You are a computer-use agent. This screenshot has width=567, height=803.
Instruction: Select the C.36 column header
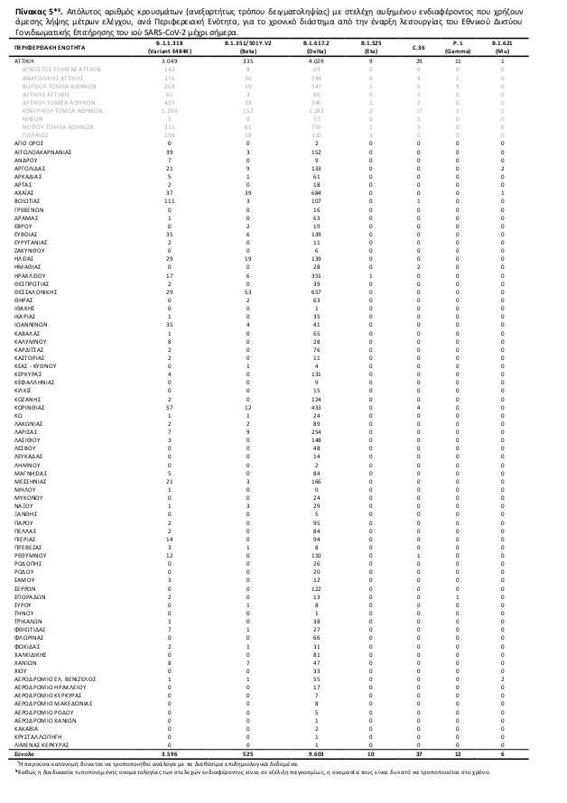pyautogui.click(x=418, y=46)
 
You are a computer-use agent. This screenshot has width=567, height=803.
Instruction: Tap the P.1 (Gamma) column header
pyautogui.click(x=458, y=46)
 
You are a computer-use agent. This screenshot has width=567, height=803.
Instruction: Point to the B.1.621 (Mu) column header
pyautogui.click(x=502, y=46)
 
